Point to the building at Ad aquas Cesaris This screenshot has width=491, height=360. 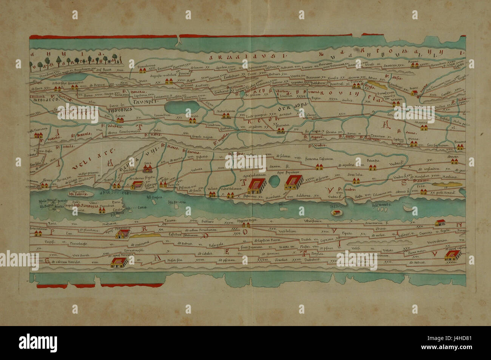pos(450,257)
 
